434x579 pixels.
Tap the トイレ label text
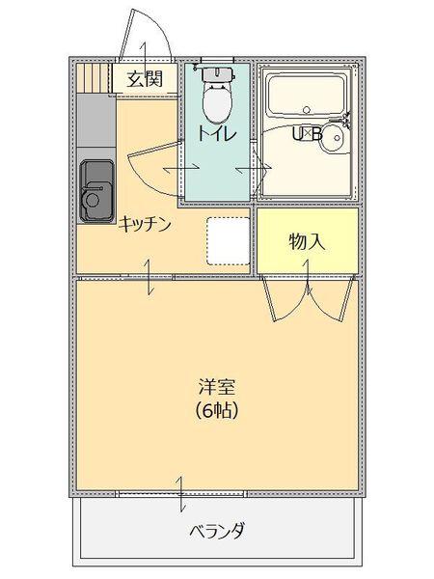[x=215, y=133]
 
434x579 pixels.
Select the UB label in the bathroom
[x=307, y=134]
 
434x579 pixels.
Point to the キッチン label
[x=146, y=225]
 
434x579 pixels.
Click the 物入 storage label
[x=307, y=241]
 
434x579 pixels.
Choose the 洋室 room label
[x=215, y=386]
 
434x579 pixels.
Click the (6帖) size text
[x=215, y=409]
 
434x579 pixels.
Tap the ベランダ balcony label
[x=216, y=530]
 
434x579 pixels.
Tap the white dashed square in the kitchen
[x=228, y=240]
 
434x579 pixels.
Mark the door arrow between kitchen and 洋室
[x=149, y=278]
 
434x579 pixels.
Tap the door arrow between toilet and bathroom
[x=253, y=171]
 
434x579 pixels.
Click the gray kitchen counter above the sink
[x=95, y=125]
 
